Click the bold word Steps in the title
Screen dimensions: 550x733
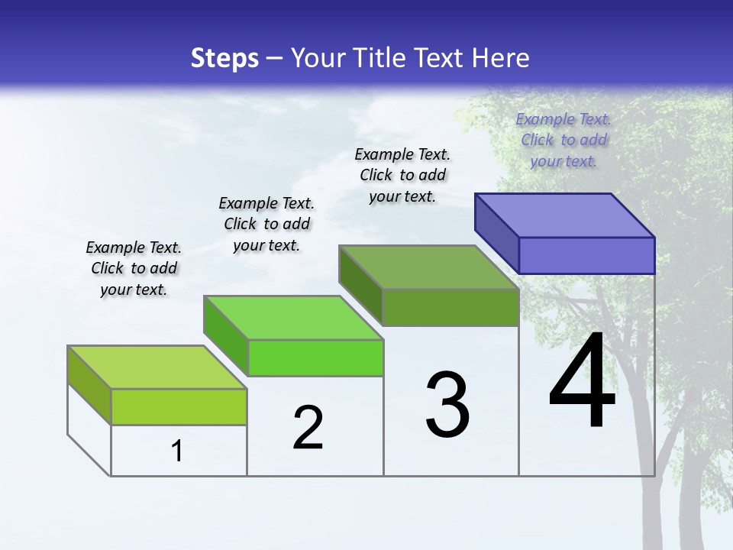224,58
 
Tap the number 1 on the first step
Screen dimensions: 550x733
177,451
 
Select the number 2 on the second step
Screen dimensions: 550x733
308,428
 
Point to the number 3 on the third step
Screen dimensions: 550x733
447,405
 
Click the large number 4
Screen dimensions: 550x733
582,382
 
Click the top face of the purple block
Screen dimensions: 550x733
565,215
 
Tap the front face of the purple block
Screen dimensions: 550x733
586,255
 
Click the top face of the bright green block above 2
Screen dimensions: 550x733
293,318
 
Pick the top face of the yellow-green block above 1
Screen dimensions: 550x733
157,367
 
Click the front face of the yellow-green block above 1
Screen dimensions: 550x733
179,406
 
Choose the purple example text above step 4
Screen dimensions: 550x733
563,140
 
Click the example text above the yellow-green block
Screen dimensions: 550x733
134,268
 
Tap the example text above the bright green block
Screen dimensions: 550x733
266,224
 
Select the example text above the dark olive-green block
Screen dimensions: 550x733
402,175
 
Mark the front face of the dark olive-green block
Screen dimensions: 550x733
450,307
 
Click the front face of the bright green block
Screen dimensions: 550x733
315,357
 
